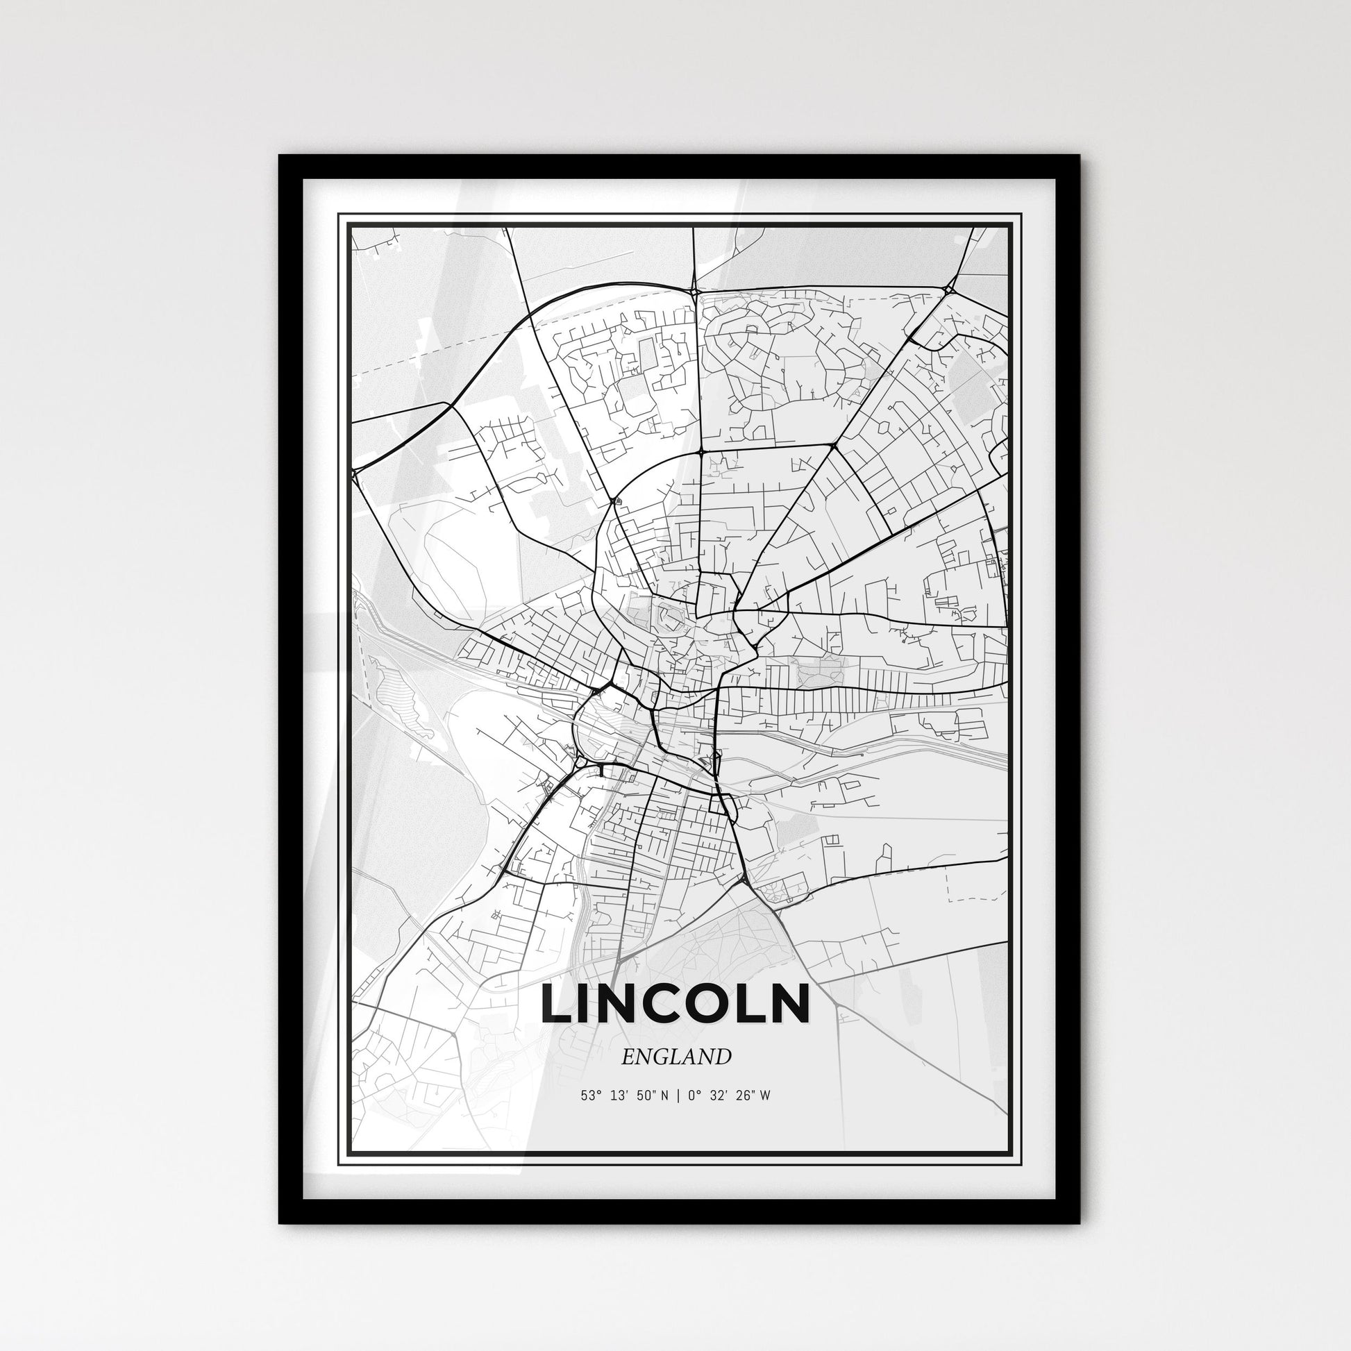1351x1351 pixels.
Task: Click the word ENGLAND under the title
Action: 675,1056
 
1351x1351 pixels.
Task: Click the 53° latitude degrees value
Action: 589,1096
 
